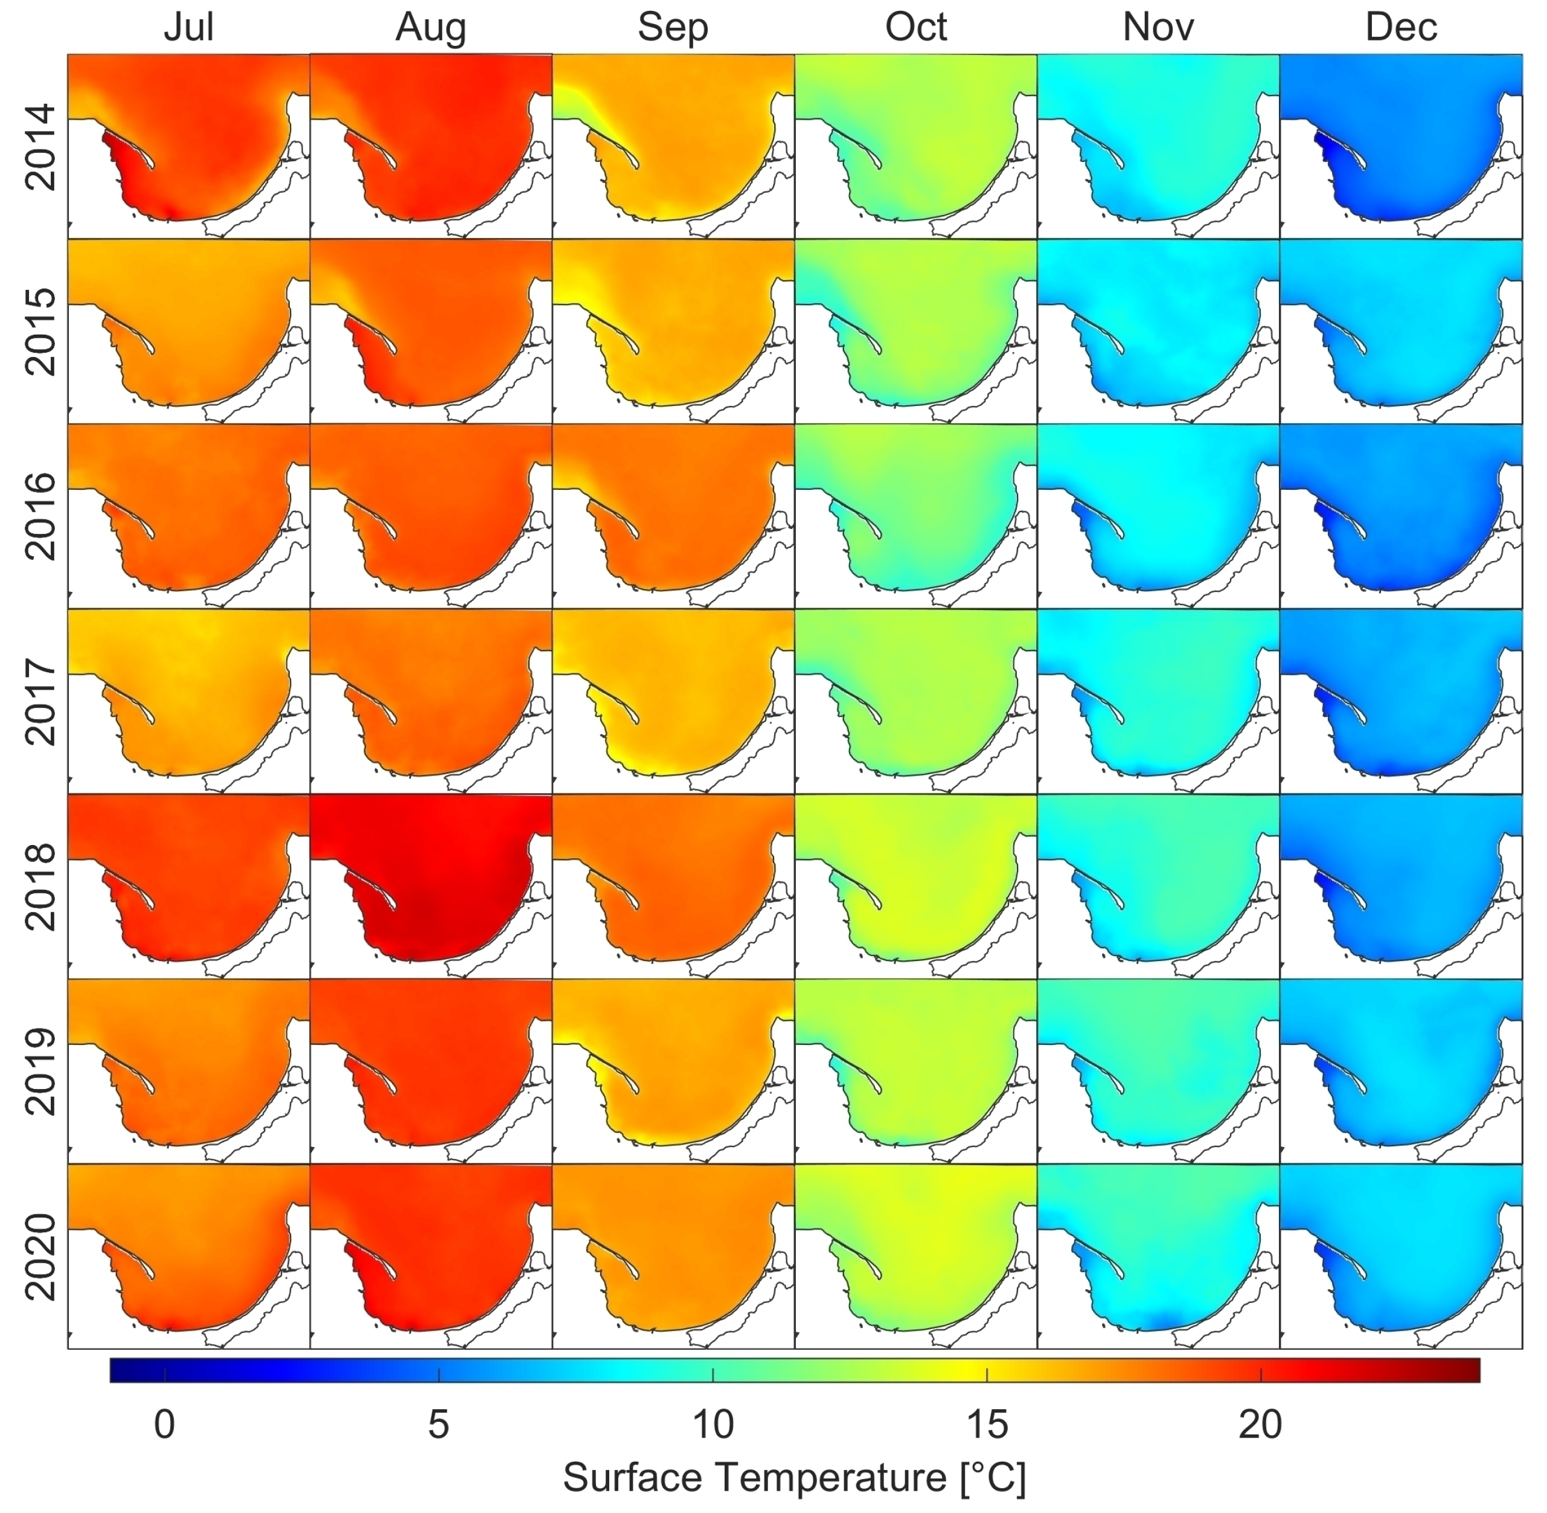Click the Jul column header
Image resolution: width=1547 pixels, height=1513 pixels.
tap(188, 28)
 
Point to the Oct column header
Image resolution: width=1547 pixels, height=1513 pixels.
tap(915, 28)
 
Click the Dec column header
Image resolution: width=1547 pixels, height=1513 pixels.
tap(1401, 28)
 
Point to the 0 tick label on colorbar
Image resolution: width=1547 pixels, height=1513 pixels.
tap(164, 1425)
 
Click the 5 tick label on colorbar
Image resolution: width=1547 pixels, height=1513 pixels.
tap(438, 1425)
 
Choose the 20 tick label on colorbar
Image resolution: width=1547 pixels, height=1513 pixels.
tap(1260, 1425)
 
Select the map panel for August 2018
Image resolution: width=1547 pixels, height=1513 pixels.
tap(431, 886)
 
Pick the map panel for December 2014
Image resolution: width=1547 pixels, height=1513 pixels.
tap(1401, 146)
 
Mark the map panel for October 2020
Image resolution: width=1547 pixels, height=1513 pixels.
tap(915, 1256)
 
